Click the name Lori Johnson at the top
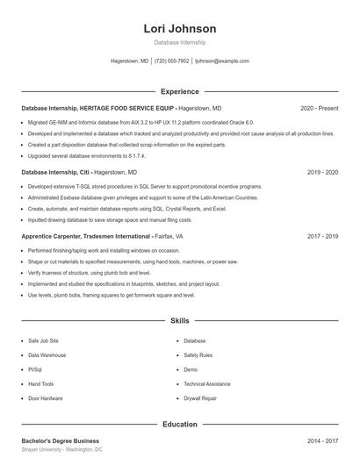point(179,29)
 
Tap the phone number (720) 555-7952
point(171,61)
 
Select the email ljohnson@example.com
point(221,61)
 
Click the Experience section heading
point(179,91)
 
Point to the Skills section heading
point(179,321)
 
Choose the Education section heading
point(179,425)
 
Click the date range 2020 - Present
point(319,108)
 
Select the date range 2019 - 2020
point(322,173)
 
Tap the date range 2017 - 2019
point(322,237)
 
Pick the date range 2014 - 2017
point(322,440)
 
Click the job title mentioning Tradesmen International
point(102,237)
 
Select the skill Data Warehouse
point(47,355)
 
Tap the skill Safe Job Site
point(43,340)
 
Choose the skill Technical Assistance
point(207,383)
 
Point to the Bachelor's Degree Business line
point(60,440)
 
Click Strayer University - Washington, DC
point(61,449)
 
